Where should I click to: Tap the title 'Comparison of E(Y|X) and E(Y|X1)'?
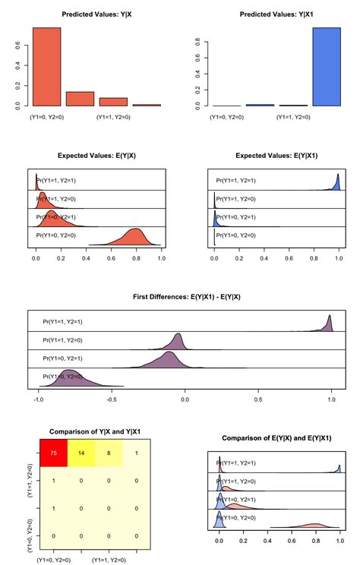pyautogui.click(x=277, y=438)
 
